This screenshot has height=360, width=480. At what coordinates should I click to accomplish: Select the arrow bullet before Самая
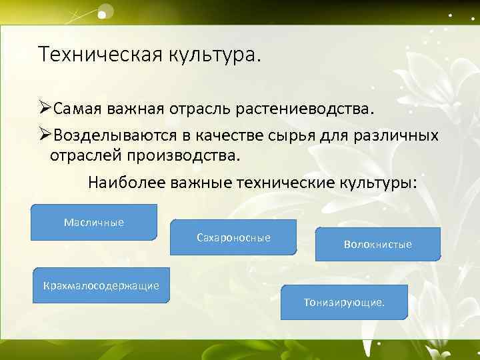45,107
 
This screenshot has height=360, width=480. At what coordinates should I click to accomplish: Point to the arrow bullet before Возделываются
45,135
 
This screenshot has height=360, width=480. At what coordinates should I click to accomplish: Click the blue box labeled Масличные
94,222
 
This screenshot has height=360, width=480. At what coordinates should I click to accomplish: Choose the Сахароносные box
233,237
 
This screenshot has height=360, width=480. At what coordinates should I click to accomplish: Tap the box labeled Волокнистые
377,244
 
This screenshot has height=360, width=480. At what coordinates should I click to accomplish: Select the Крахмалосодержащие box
101,286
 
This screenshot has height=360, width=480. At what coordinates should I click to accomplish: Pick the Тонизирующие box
343,302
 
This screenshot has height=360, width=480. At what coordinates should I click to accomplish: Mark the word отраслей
87,157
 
